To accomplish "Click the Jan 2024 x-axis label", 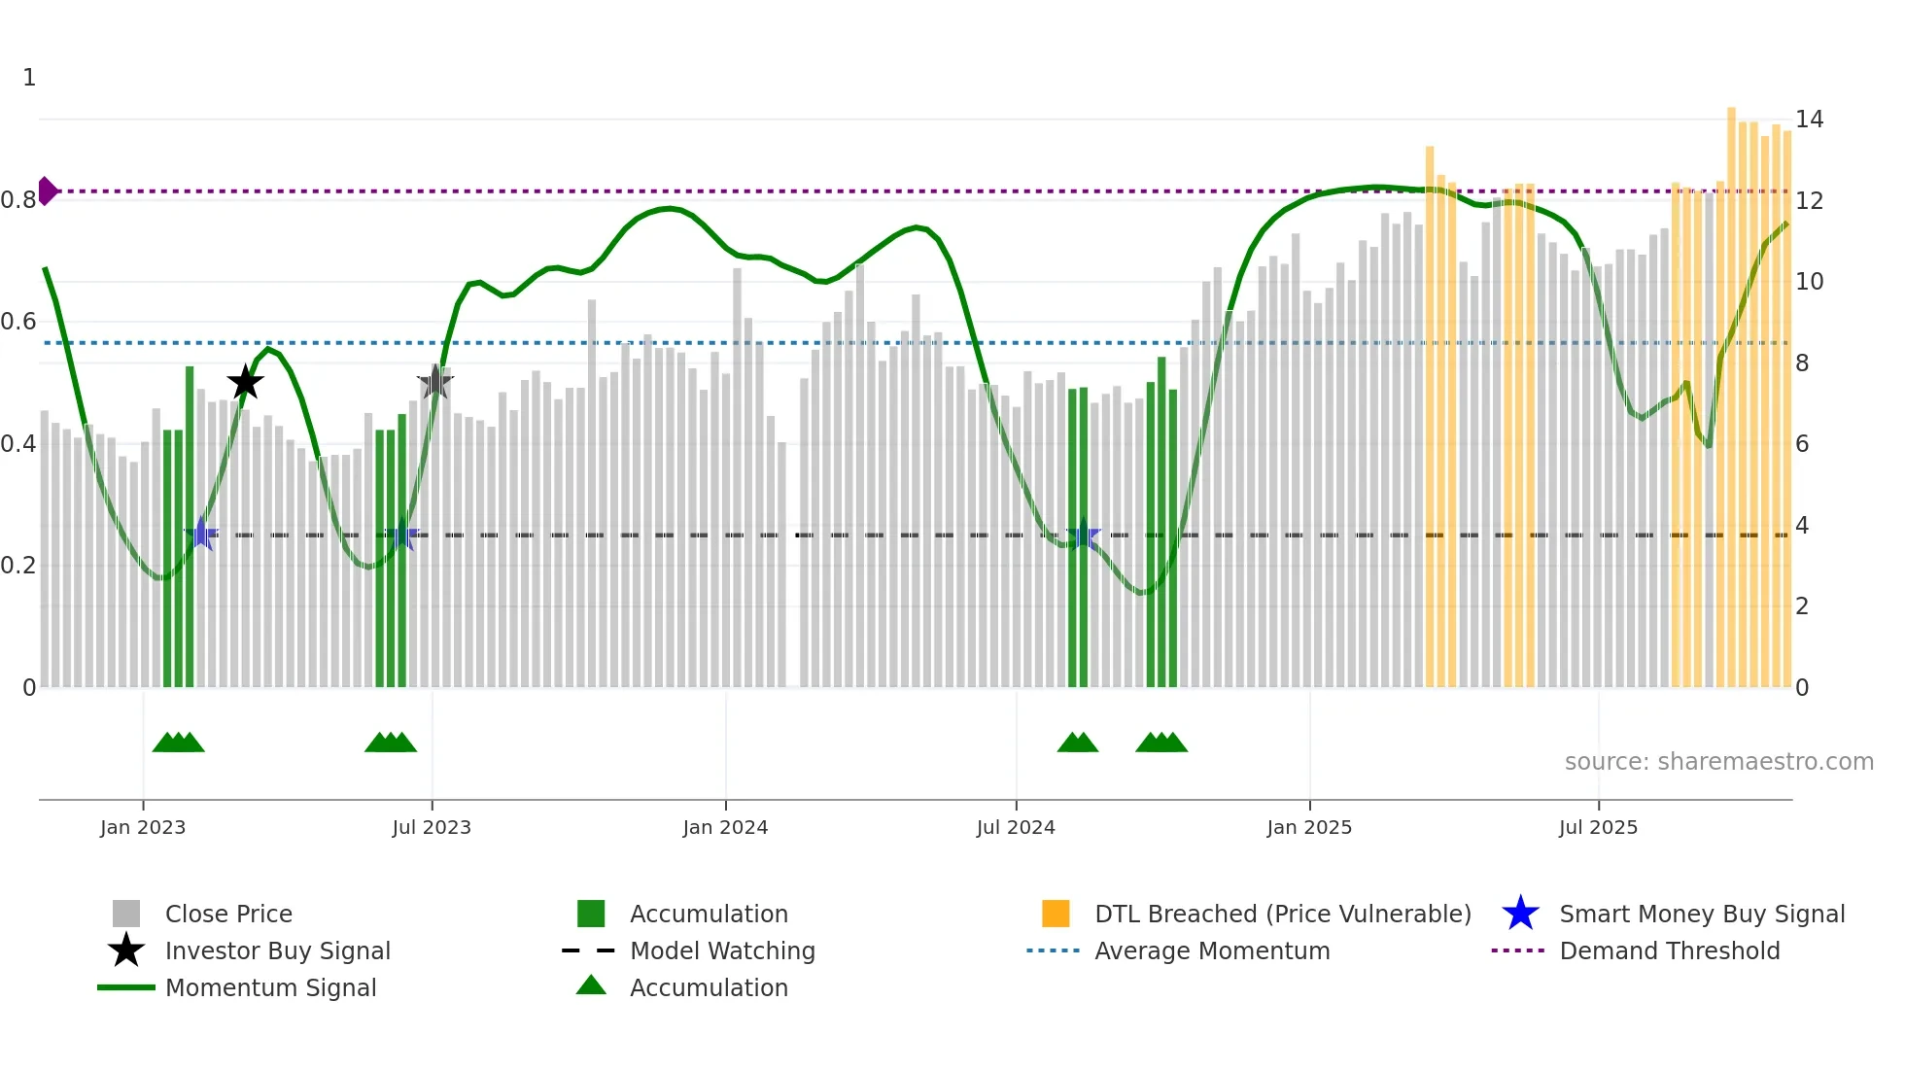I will pos(725,827).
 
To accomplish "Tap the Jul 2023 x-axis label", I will pos(432,827).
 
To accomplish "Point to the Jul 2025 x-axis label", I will pos(1598,827).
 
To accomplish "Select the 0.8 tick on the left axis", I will pos(18,200).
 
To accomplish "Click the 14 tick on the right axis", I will pos(1809,120).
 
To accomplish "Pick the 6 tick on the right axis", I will pos(1802,444).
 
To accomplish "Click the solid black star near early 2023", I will pos(245,383).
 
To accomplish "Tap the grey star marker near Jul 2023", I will pos(434,383).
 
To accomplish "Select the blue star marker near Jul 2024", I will pos(1083,535).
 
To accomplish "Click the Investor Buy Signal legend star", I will pos(126,950).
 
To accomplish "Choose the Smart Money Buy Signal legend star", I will pos(1520,914).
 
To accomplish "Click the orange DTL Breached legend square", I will pos(1056,914).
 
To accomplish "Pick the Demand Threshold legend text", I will pos(1669,950).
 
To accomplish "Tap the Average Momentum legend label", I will pos(1212,950).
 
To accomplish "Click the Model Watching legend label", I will pos(722,950).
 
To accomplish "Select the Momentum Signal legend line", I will pos(126,987).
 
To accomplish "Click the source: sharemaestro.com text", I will pos(1718,762).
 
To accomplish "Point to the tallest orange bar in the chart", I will pos(1731,389).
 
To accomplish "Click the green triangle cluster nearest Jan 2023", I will pos(179,743).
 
